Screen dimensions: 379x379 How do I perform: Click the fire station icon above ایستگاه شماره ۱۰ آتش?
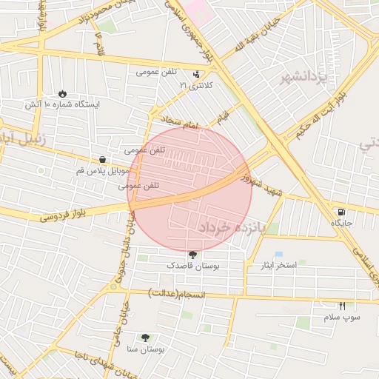point(62,94)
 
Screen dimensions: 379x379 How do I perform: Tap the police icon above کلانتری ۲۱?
point(196,74)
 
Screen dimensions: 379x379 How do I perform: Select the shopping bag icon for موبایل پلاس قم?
point(101,159)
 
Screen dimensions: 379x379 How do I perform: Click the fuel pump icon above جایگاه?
point(341,211)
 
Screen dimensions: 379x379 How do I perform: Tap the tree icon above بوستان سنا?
point(144,337)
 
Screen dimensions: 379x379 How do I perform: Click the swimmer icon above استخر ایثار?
point(278,254)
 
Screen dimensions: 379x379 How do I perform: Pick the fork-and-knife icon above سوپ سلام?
point(342,306)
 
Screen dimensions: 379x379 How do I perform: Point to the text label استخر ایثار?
point(276,264)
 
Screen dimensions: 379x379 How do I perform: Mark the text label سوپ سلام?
point(342,317)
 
